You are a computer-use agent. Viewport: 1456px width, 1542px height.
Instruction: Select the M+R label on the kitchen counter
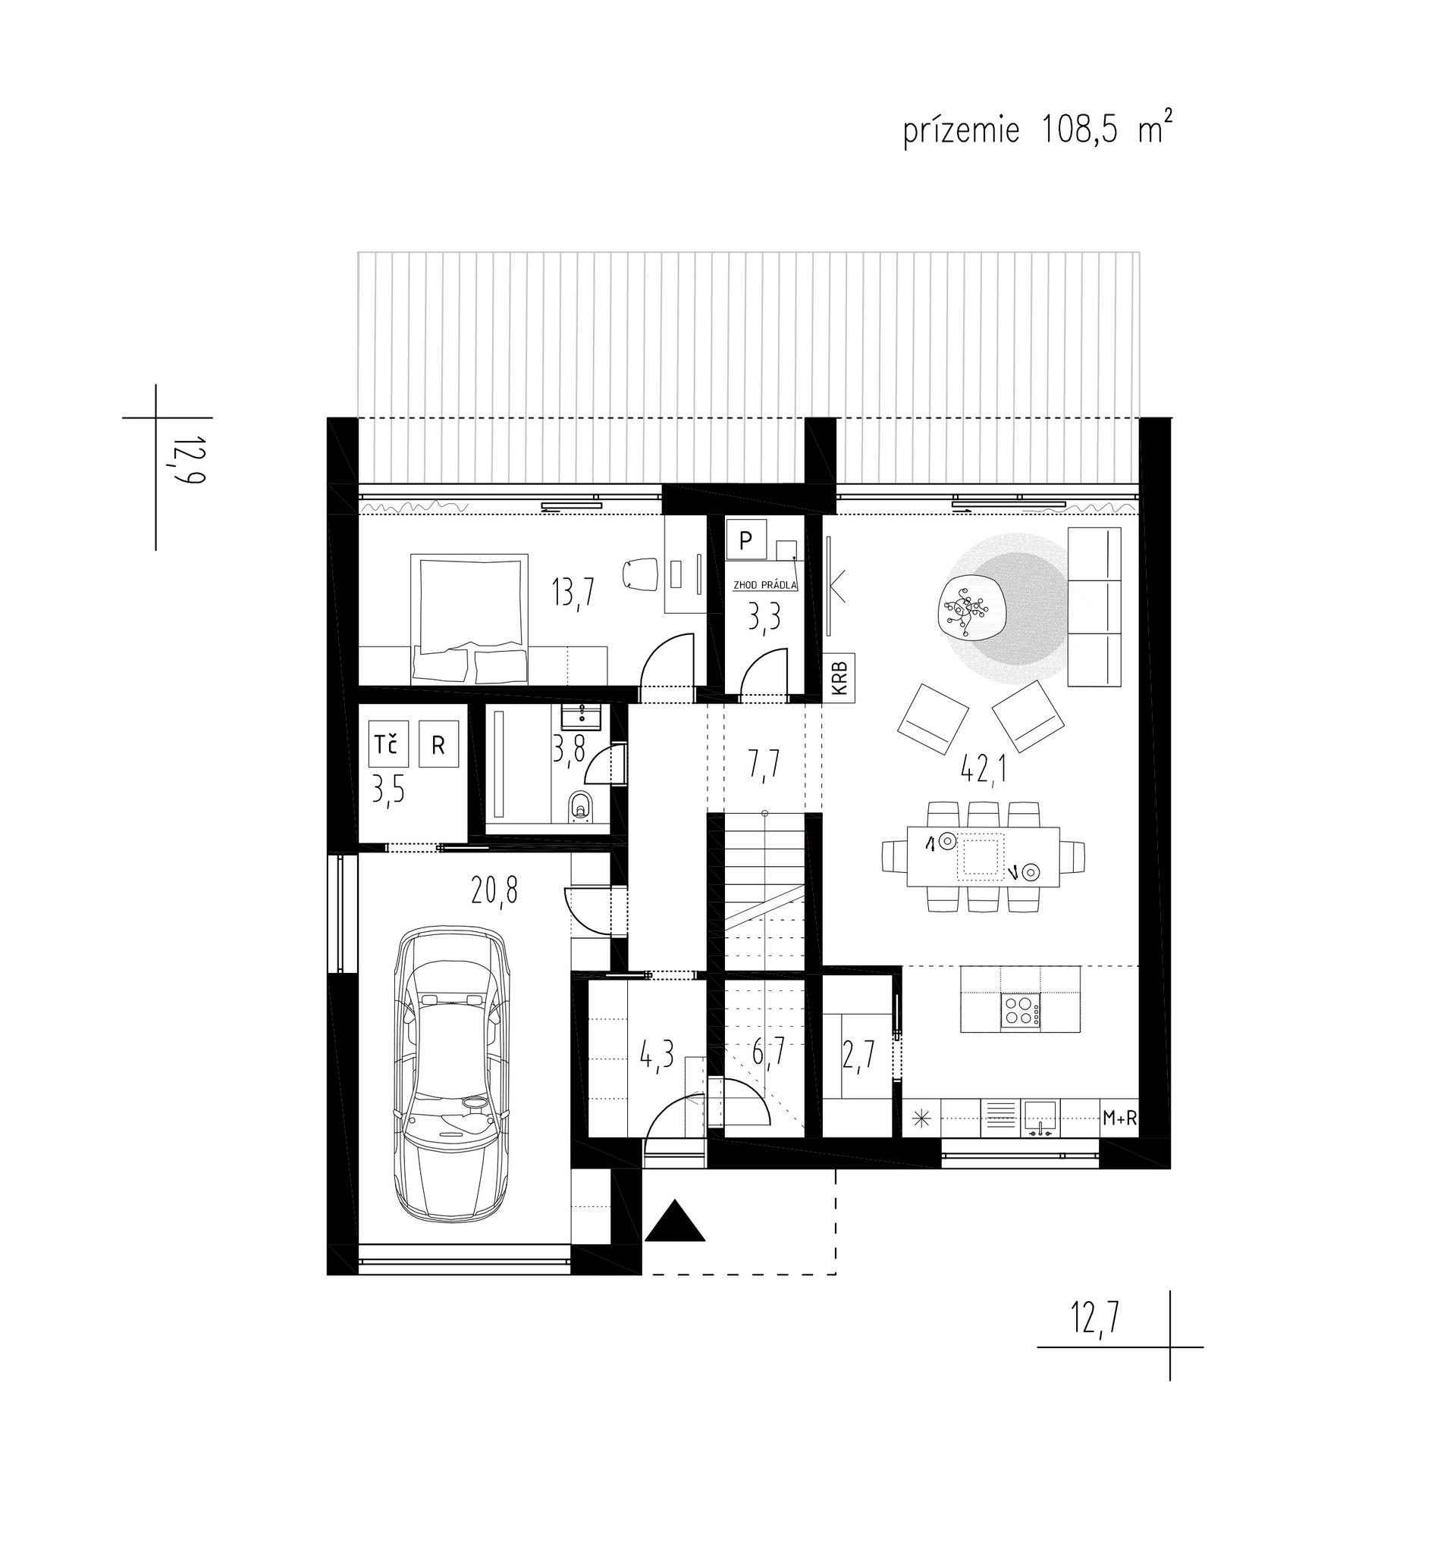point(1120,1118)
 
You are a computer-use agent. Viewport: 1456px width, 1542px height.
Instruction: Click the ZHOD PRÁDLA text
point(765,585)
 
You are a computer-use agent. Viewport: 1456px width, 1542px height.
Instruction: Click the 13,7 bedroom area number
point(573,593)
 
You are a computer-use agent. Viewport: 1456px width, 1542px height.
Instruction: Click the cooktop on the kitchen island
point(1021,1012)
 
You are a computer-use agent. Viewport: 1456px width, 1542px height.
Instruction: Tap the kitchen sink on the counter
point(1040,1117)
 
